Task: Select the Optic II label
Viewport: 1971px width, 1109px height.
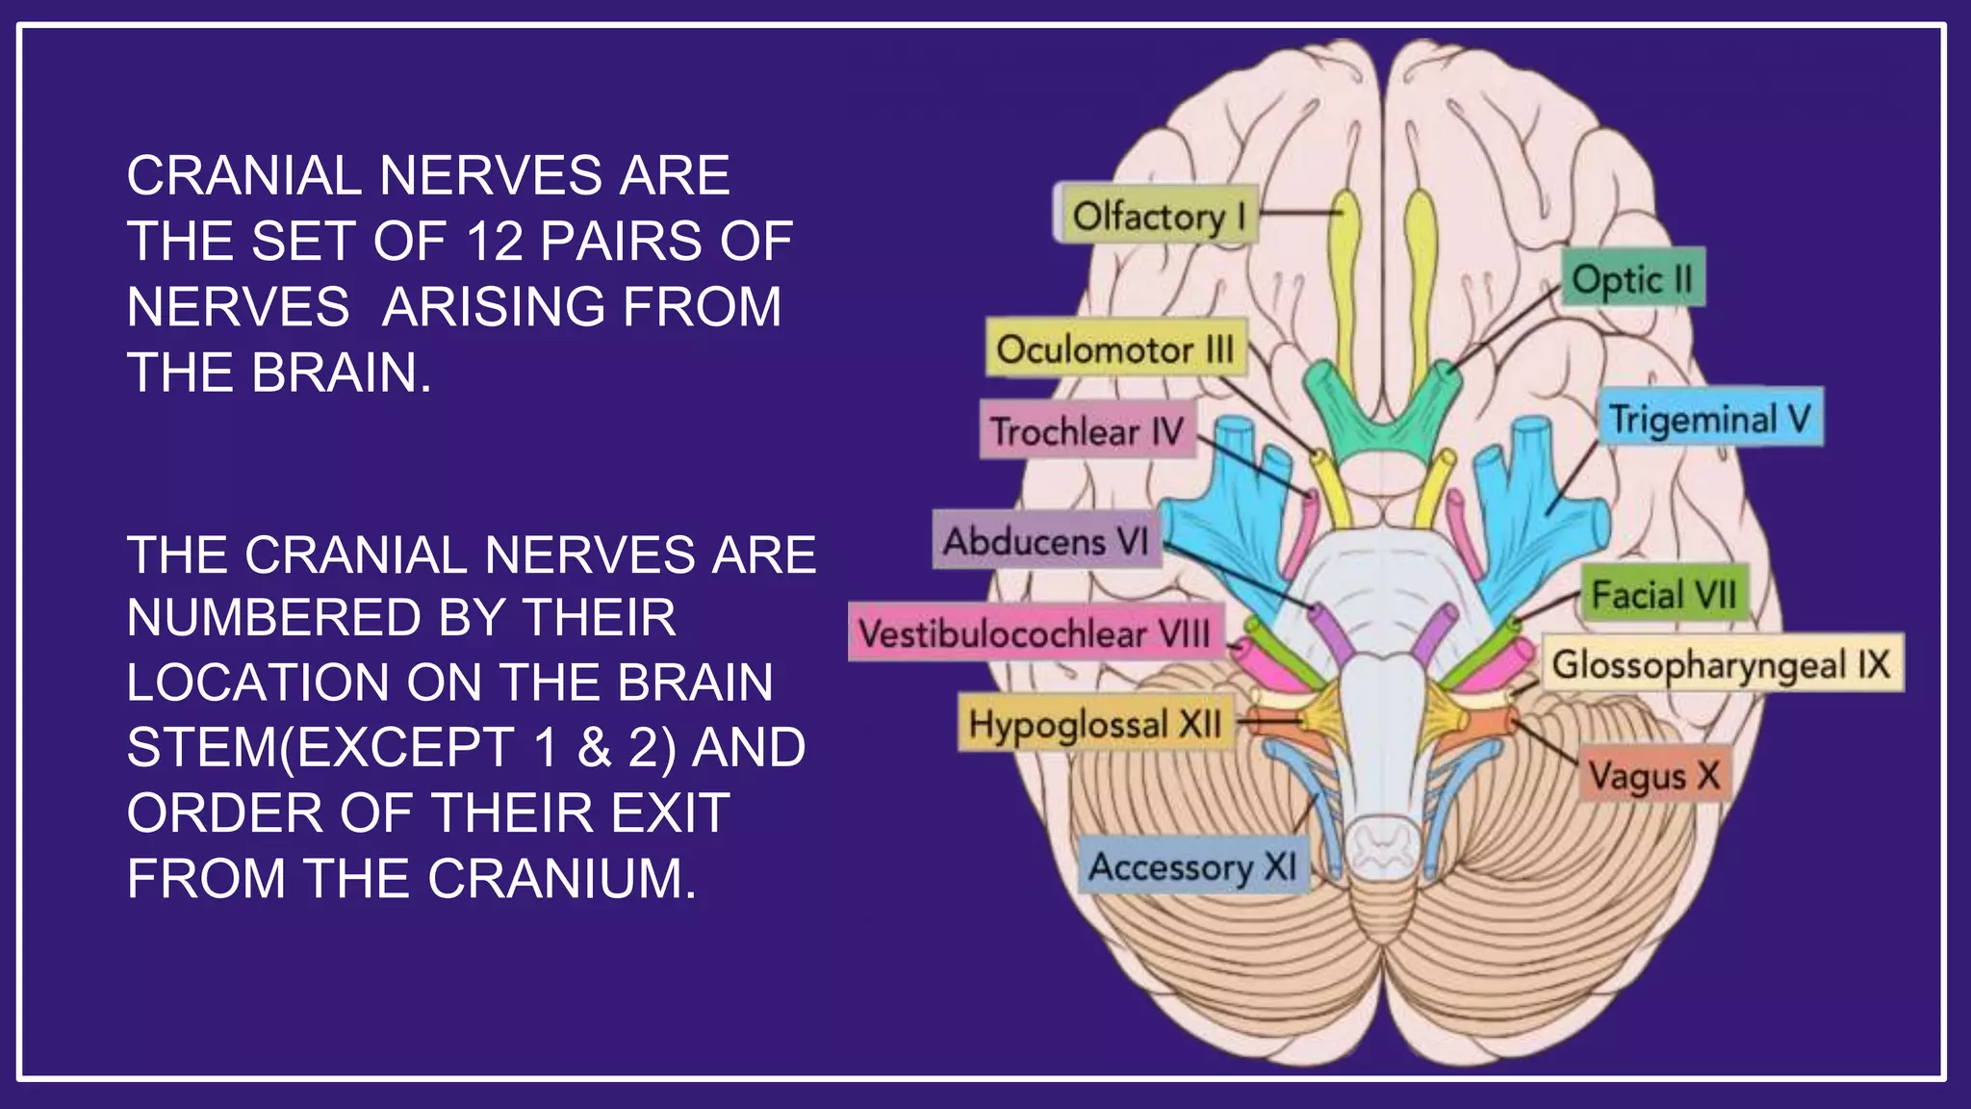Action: point(1632,279)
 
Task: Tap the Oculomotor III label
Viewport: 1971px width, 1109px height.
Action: point(1115,348)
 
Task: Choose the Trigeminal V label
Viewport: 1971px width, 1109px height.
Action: point(1710,419)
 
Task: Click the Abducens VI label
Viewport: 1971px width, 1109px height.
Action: point(1046,541)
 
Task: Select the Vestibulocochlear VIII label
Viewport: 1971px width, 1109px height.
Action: point(1035,633)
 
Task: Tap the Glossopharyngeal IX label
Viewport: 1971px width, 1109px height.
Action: point(1722,664)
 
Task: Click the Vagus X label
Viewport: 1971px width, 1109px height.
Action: point(1653,775)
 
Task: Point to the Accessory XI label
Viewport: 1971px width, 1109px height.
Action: point(1193,866)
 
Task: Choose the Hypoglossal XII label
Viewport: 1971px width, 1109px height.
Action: point(1095,724)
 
